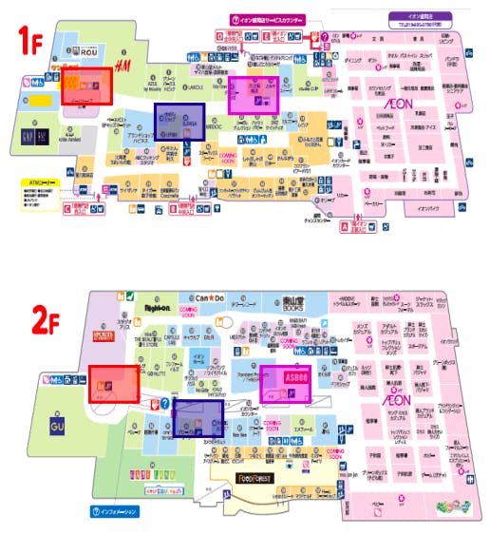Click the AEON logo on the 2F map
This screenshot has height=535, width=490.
[396, 401]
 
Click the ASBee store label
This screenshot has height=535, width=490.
[286, 378]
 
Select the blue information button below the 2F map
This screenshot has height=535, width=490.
[116, 513]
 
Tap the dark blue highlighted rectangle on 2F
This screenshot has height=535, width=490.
[198, 419]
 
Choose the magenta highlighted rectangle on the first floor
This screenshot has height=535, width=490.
[254, 96]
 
